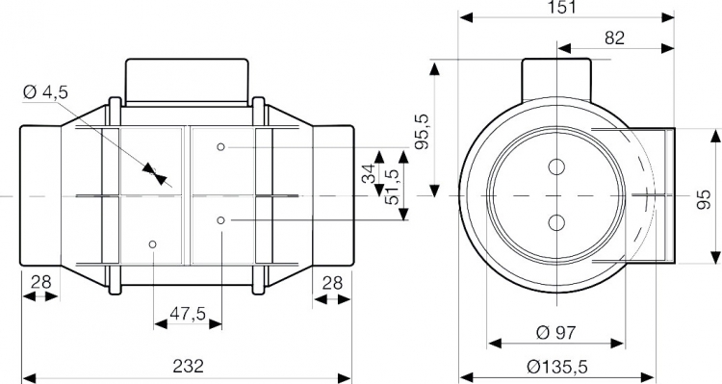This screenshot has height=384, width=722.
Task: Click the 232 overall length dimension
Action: pyautogui.click(x=188, y=367)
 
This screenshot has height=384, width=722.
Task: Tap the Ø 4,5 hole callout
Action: pyautogui.click(x=45, y=92)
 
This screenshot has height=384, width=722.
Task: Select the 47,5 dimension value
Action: pyautogui.click(x=188, y=314)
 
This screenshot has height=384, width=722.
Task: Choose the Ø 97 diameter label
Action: pyautogui.click(x=556, y=332)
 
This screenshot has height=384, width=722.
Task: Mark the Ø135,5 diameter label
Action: pyautogui.click(x=557, y=367)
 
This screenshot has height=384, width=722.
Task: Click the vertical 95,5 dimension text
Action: pyautogui.click(x=422, y=131)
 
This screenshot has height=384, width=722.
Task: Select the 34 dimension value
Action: pyautogui.click(x=370, y=174)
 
